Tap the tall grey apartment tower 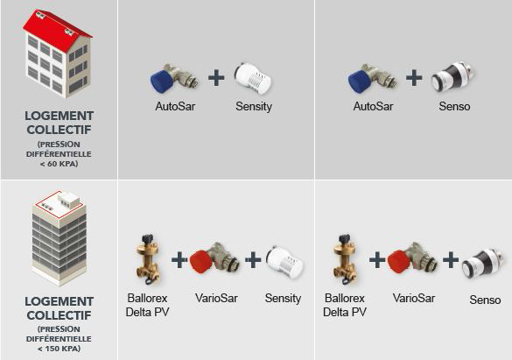point(60,238)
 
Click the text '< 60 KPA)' point(60,164)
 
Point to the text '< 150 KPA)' point(60,349)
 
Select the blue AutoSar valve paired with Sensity point(173,79)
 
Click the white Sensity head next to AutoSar point(253,79)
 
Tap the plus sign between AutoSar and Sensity point(216,79)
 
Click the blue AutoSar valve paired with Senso point(372,79)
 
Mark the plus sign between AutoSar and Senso point(414,78)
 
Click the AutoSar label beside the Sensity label point(175,107)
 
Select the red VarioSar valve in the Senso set point(412,258)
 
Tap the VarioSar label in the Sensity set point(216,299)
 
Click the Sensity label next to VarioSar point(283,299)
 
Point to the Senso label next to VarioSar point(485,300)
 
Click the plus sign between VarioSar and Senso point(451,260)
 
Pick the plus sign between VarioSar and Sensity point(253,260)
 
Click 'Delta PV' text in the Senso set point(345,313)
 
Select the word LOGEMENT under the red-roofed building point(60,116)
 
